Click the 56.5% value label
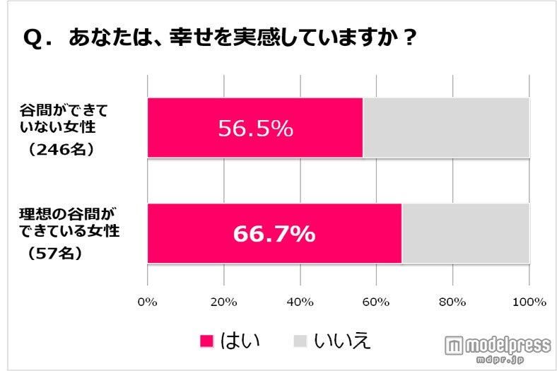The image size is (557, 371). coord(255,129)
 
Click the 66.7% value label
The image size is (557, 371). coord(274,234)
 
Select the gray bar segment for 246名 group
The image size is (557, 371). coord(445,128)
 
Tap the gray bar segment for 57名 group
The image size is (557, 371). coord(464,233)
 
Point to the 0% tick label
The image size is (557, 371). coord(148,302)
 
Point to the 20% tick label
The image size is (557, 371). coord(224,302)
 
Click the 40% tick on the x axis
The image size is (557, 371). coord(300,302)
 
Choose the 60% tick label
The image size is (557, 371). coord(376,302)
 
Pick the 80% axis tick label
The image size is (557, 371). coord(452,302)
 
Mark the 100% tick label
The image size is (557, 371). coord(529,302)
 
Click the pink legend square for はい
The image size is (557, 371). coord(207,341)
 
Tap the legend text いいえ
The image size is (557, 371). coord(344,341)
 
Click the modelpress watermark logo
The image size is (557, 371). coord(498,346)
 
